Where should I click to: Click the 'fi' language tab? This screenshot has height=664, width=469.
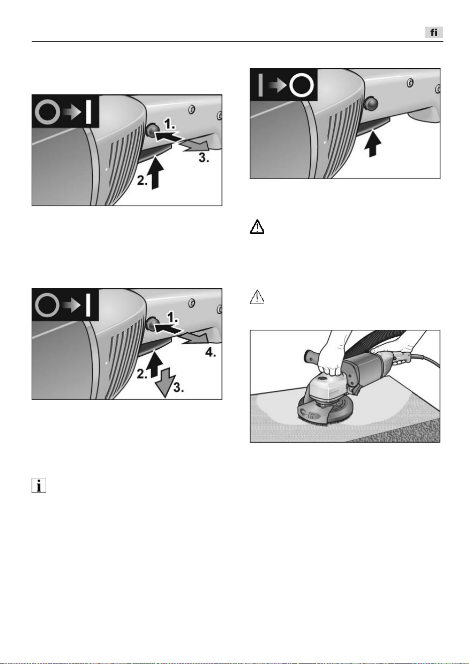[433, 32]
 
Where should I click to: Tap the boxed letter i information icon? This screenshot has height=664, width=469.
[39, 485]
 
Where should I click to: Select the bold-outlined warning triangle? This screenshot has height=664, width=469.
[257, 227]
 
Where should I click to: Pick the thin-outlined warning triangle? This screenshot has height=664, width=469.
[257, 297]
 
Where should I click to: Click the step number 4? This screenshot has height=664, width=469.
[210, 352]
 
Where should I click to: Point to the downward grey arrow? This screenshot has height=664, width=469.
[165, 382]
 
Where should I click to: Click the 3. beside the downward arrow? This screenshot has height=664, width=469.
[179, 387]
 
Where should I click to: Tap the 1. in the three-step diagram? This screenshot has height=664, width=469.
[169, 124]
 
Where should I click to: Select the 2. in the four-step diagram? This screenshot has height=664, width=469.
[142, 374]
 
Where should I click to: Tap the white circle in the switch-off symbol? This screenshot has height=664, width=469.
[301, 85]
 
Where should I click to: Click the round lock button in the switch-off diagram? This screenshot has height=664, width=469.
[371, 103]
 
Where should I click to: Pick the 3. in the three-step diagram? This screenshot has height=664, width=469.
[204, 158]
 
